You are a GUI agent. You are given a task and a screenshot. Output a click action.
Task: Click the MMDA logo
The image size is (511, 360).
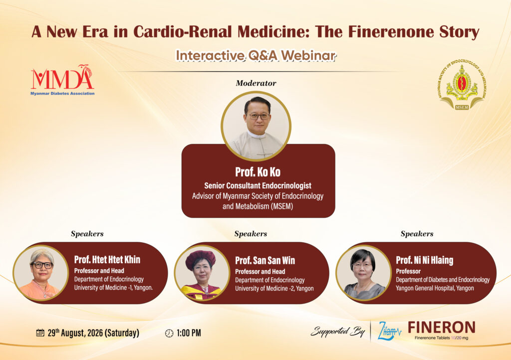[62, 80]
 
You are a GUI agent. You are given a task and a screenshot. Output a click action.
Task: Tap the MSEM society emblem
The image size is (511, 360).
[462, 85]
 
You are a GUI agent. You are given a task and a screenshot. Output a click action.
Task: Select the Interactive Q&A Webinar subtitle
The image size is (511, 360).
[256, 56]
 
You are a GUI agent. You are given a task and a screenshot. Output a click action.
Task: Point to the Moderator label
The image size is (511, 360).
[256, 83]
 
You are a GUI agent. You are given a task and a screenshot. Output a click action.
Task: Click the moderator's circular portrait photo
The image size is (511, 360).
[256, 126]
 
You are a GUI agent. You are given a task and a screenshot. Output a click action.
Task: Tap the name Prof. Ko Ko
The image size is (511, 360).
[258, 172]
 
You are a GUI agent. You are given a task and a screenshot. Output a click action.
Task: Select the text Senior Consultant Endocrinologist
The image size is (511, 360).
[258, 185]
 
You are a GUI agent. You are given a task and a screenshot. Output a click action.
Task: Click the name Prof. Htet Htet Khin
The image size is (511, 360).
[107, 259]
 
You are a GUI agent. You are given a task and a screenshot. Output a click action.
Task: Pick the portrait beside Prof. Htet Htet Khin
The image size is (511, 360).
[41, 273]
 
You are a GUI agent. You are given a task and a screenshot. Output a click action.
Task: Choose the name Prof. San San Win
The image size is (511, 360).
[265, 260]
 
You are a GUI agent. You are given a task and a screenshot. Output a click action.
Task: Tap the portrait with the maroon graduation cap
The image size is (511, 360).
[202, 273]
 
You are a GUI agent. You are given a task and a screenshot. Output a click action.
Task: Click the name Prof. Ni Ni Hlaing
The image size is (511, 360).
[425, 260]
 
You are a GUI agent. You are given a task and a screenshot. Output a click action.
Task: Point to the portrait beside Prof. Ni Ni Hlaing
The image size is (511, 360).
[363, 273]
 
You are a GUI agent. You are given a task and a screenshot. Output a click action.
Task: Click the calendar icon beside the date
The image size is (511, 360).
[40, 333]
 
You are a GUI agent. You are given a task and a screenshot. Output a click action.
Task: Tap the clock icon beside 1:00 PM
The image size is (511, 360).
[169, 333]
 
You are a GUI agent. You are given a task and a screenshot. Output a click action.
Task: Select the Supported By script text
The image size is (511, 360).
[338, 332]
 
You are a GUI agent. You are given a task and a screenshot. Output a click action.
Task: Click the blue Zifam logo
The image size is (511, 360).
[389, 331]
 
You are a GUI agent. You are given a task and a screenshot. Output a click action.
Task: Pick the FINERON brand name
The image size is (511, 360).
[442, 327]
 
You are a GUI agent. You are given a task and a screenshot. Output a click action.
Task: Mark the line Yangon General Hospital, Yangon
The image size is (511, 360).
[435, 288]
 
